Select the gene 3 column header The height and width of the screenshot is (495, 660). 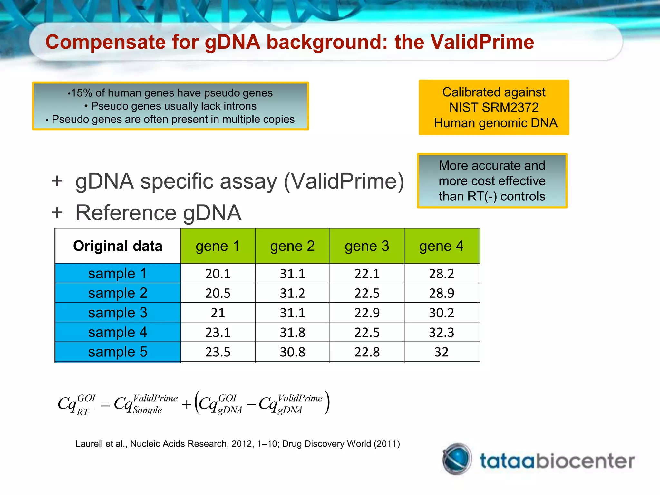pos(367,246)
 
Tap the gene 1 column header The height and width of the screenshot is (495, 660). pos(218,246)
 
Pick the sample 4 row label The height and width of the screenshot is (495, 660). pos(118,332)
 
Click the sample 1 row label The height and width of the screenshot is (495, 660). pos(118,274)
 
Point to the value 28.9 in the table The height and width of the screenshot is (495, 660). pos(441,293)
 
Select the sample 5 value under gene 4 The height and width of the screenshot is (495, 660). pos(441,352)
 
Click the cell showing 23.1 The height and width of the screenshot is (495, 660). pos(218,332)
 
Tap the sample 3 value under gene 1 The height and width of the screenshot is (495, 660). pos(218,313)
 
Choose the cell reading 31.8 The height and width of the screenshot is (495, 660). pos(292,332)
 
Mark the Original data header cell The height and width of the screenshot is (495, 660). pos(118,246)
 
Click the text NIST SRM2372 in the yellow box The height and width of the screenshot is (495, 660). pos(494,108)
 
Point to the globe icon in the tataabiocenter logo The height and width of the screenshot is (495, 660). pos(457,459)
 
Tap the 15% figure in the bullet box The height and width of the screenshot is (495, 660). pos(82,93)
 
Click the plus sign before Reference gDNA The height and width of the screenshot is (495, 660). pos(57,213)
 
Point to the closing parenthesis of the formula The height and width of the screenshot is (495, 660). pos(327,403)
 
